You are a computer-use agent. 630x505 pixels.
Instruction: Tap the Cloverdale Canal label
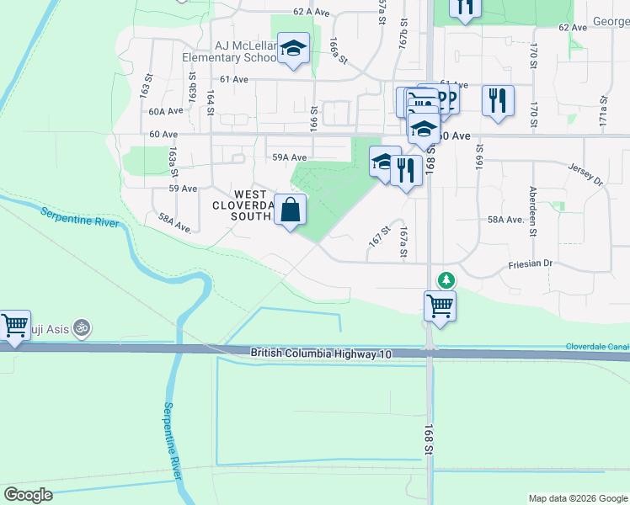598,346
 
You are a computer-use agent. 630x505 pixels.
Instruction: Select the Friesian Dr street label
530,263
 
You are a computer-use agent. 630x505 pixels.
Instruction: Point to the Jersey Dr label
587,174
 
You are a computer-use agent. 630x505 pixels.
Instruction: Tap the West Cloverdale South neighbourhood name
243,205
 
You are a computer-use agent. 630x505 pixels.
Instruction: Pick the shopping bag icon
290,210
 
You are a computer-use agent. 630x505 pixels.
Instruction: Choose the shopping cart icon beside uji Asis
14,325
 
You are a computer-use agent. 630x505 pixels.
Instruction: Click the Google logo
28,494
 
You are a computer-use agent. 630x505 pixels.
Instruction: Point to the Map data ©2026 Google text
578,498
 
